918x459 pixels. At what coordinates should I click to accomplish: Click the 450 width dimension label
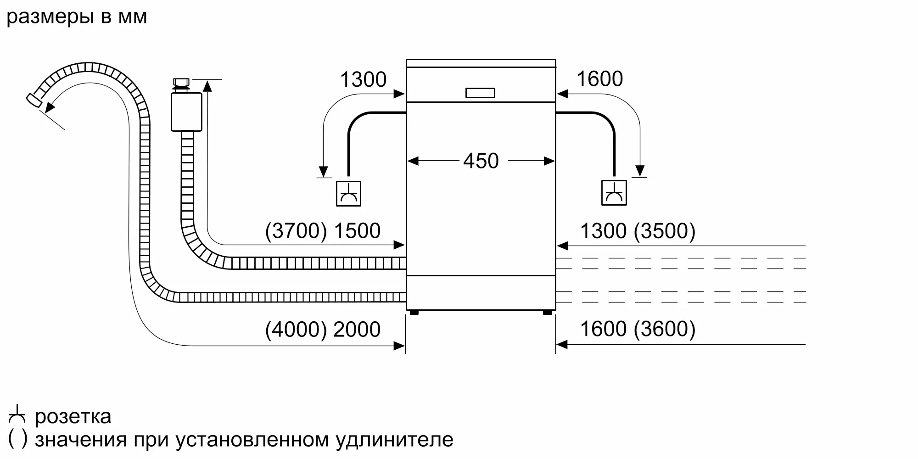481,161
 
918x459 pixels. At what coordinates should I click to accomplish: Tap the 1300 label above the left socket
363,79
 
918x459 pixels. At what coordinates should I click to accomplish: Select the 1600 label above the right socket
599,78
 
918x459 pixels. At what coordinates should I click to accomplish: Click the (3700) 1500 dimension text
323,230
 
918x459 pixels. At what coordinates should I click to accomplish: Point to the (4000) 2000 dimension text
323,329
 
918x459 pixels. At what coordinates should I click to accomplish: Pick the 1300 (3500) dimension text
638,230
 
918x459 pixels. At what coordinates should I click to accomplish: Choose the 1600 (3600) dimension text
638,329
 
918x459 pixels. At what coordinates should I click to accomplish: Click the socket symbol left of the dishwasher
348,193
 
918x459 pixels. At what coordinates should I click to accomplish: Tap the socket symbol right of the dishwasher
614,193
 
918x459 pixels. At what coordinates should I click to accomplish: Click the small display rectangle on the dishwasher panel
480,93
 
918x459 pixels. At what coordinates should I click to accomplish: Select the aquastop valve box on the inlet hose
186,112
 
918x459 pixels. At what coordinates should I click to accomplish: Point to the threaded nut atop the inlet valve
181,84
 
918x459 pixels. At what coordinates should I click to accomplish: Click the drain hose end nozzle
34,101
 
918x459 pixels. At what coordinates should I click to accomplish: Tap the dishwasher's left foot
414,313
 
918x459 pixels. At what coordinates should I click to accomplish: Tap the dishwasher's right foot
548,313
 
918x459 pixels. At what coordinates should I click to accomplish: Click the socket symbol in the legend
17,414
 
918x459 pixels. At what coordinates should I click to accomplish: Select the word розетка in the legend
73,417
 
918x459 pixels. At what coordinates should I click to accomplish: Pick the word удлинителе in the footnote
394,440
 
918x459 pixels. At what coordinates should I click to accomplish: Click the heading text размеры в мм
77,17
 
